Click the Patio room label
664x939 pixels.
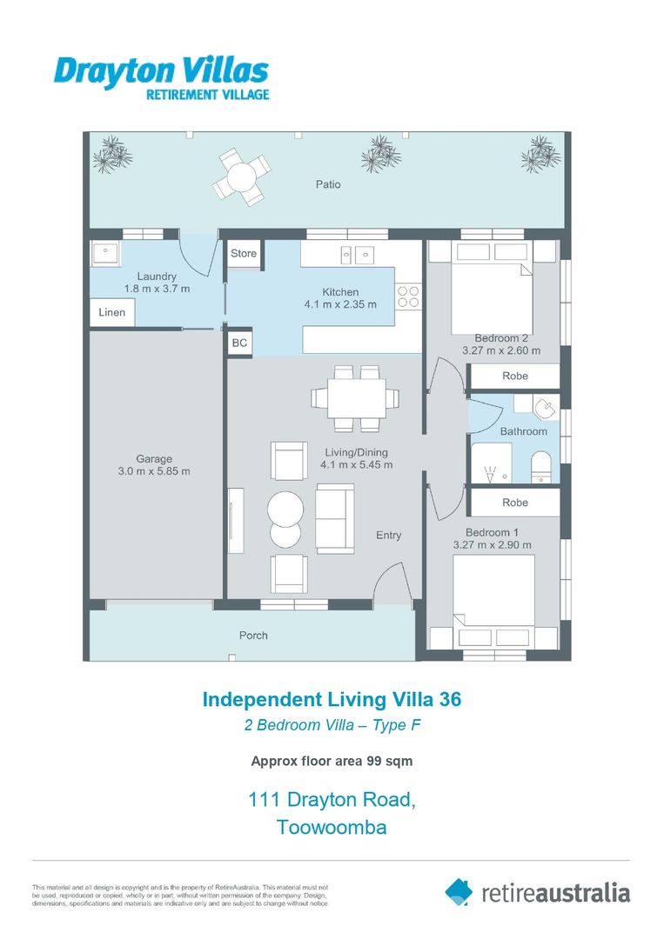[328, 184]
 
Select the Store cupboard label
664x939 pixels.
[244, 253]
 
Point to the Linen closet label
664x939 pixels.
[111, 312]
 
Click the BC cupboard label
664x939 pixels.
[239, 343]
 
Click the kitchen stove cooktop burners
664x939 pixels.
[408, 296]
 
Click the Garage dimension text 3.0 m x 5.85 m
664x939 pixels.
[154, 471]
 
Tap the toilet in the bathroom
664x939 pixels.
[541, 464]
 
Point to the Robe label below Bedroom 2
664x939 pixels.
[514, 376]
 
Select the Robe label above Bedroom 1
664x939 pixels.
[514, 503]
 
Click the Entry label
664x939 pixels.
[388, 535]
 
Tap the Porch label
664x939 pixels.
[253, 636]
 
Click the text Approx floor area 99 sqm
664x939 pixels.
[332, 761]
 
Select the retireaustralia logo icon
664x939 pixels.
[459, 891]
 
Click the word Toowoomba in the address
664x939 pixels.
[332, 827]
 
